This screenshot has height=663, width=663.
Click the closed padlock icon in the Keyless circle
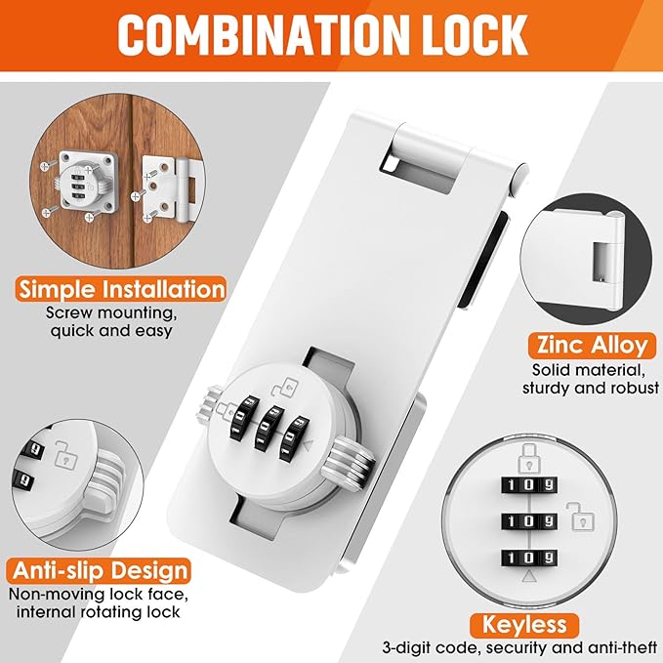click(x=526, y=460)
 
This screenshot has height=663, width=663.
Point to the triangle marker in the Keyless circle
click(x=528, y=579)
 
